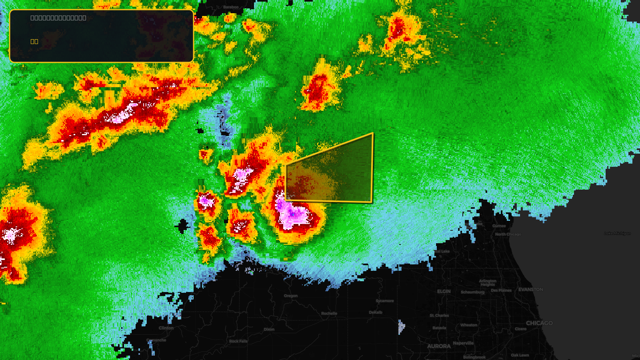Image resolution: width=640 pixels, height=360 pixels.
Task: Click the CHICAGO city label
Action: [539, 323]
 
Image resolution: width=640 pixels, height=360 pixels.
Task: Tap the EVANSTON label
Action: [530, 290]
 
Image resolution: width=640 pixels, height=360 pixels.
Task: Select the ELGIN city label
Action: [444, 292]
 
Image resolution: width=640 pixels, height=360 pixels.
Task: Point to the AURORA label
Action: [439, 346]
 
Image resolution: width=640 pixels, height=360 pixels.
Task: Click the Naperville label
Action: [463, 343]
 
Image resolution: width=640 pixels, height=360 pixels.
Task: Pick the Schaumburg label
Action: [472, 292]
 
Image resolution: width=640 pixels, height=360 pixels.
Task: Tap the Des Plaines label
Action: [501, 290]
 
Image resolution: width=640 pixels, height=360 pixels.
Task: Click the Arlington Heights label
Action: [488, 283]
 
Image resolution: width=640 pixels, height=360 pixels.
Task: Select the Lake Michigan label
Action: [617, 234]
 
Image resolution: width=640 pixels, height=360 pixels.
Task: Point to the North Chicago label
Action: [508, 234]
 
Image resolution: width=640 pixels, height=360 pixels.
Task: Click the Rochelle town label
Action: [329, 314]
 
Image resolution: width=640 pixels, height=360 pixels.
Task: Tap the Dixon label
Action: [269, 330]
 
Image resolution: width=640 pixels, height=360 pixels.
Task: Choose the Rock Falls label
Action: [238, 341]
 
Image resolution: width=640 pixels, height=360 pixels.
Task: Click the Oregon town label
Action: [291, 296]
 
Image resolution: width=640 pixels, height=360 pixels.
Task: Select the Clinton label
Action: [166, 328]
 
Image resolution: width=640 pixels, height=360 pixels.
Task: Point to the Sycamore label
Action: [385, 301]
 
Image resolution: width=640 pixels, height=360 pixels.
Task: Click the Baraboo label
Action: [231, 7]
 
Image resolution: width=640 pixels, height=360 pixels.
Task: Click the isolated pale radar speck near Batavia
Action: [401, 327]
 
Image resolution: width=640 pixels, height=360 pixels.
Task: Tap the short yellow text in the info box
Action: [34, 41]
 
